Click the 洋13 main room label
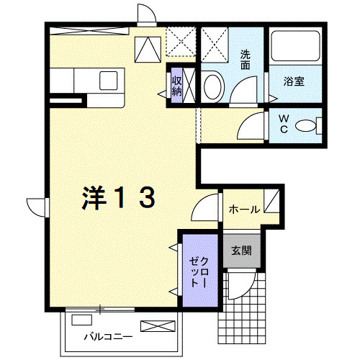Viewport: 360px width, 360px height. click(x=118, y=198)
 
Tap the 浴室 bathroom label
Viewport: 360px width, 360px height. click(x=294, y=81)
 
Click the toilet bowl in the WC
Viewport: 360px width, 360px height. click(x=305, y=125)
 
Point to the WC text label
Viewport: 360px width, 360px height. click(x=284, y=124)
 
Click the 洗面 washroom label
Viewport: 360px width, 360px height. click(x=246, y=60)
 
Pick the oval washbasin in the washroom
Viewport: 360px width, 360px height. click(x=212, y=87)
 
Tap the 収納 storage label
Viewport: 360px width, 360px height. click(x=177, y=86)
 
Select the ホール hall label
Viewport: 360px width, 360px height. click(x=245, y=210)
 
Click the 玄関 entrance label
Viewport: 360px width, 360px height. click(x=241, y=251)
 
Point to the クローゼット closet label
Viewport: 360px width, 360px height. click(x=198, y=272)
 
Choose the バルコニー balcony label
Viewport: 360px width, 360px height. click(x=108, y=337)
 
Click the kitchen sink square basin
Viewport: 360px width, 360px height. click(x=109, y=81)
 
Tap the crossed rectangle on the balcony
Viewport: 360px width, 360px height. click(x=158, y=326)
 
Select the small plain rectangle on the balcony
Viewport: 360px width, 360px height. click(x=81, y=320)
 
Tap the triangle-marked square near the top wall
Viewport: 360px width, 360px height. click(x=148, y=50)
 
